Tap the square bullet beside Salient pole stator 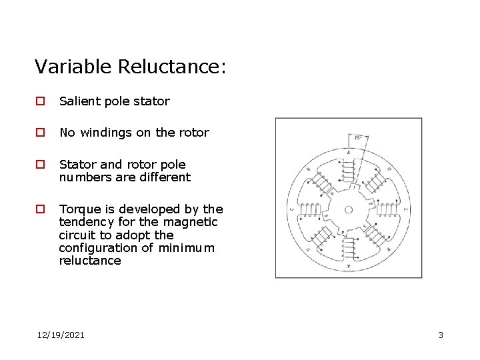coord(40,101)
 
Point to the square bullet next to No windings coord(40,133)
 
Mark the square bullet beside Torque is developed coord(40,209)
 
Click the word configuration coord(99,248)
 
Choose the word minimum coord(189,248)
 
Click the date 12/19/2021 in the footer coord(61,335)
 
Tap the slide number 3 coord(441,335)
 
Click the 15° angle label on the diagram coord(358,138)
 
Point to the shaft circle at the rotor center coord(348,209)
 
